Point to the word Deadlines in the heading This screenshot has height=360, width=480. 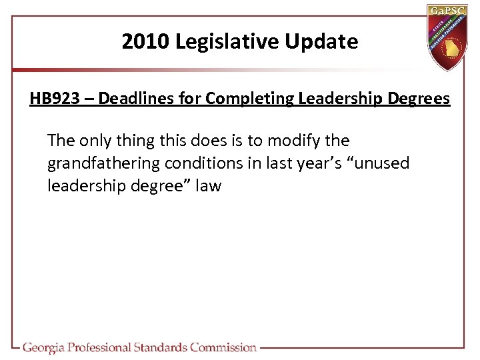coord(131,99)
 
